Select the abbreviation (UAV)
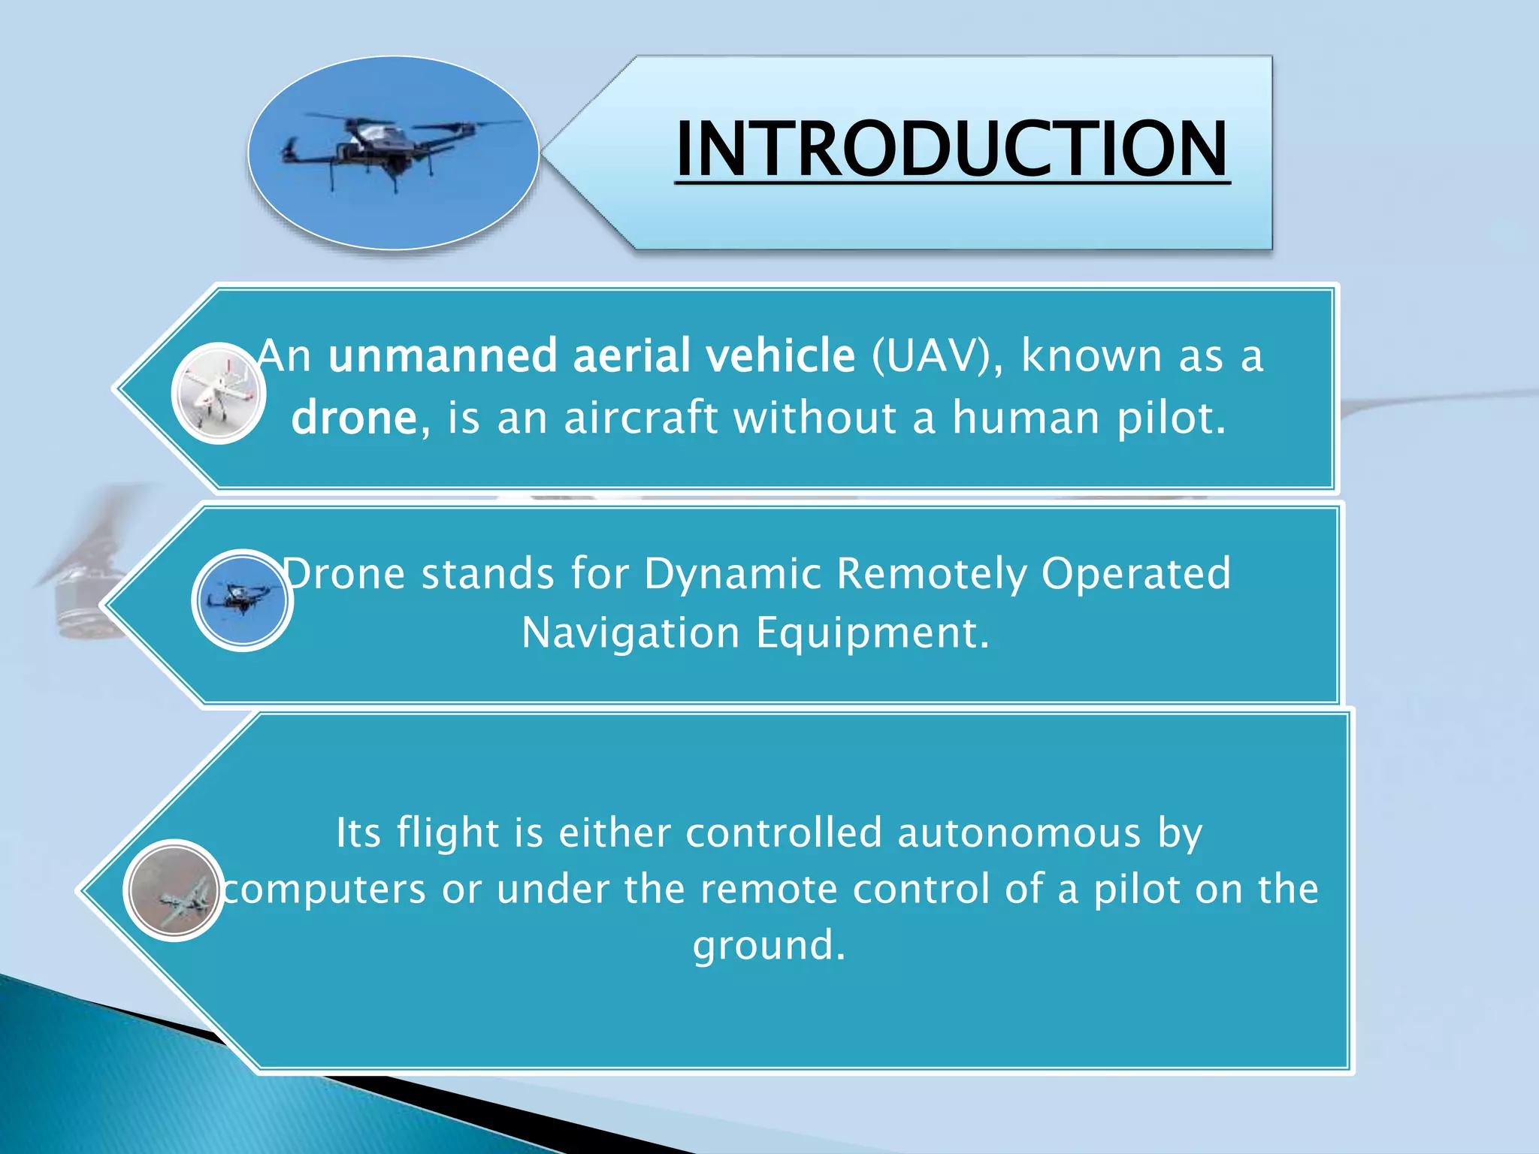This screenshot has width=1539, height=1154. [936, 356]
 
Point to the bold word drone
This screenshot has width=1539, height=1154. [354, 418]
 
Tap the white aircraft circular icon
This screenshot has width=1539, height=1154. [219, 393]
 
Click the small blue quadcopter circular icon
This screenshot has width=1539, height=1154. [242, 600]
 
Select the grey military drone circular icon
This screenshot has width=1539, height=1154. [174, 890]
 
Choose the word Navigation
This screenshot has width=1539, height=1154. [630, 633]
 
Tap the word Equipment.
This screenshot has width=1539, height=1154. [872, 633]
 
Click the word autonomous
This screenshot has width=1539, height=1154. [1019, 834]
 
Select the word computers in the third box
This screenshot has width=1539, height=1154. [324, 890]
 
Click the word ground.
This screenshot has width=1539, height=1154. [769, 945]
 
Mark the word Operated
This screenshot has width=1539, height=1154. [1135, 575]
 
